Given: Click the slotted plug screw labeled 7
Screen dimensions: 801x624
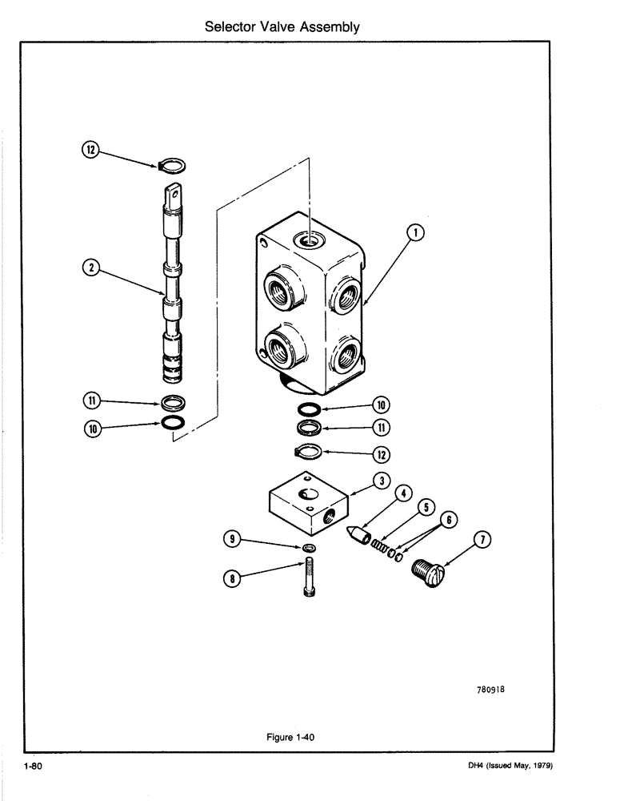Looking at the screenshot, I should pos(430,571).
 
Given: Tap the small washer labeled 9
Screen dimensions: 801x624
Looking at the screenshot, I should pos(308,547).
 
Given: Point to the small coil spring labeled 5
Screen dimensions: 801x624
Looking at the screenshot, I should pos(377,545).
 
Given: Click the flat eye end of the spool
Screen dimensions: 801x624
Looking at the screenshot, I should pos(174,195).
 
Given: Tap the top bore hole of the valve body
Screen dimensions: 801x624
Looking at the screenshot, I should pos(308,239).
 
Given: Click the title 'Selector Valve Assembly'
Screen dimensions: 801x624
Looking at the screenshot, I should pos(282,26).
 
